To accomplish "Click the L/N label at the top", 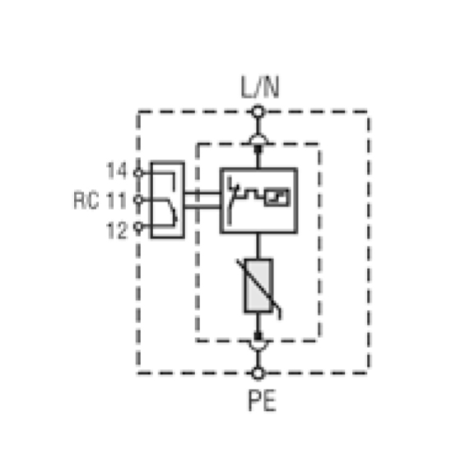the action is pos(260,87).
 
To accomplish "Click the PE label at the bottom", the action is pos(263,401).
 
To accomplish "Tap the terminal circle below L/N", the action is pos(258,112).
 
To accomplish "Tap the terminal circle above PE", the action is pos(258,373).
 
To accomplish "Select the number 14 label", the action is pos(117,170).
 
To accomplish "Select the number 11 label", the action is pos(117,200).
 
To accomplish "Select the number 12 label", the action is pos(117,230).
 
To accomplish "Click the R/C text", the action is pos(86,201).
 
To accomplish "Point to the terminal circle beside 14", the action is pos(138,173).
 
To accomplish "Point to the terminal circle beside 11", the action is pos(138,200).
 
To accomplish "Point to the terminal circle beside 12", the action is pos(138,226).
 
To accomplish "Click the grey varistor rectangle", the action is pos(258,286).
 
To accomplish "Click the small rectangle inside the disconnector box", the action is pos(277,197).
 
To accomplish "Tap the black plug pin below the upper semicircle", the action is pos(258,149).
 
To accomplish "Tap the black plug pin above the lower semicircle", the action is pos(258,336).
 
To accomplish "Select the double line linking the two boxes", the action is pos(202,200).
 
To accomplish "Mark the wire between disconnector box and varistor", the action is pos(258,246).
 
